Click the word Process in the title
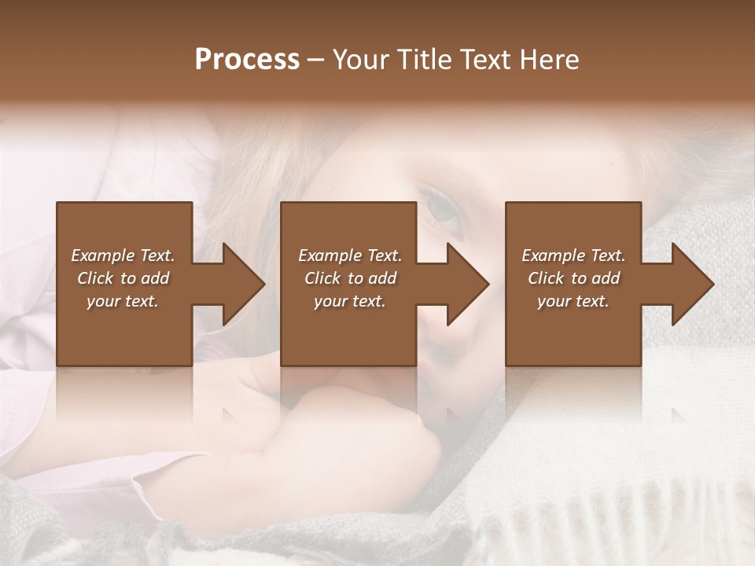[247, 60]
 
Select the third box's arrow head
[692, 284]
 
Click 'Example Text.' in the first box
[123, 255]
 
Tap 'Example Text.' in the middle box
[350, 255]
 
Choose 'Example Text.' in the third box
[573, 255]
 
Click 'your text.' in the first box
[123, 301]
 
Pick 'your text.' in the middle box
[350, 301]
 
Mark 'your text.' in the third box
[573, 301]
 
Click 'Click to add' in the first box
[123, 278]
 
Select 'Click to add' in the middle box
[350, 278]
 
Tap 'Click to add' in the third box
[573, 278]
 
